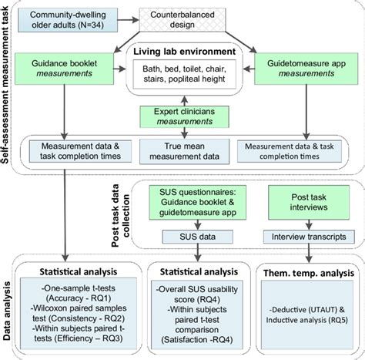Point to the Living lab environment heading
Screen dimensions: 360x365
184,52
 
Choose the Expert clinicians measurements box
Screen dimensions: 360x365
184,116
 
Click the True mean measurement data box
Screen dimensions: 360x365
183,152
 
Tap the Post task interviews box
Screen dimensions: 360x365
310,202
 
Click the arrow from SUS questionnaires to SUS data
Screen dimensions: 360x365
209,224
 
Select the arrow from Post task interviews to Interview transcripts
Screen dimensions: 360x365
310,224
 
